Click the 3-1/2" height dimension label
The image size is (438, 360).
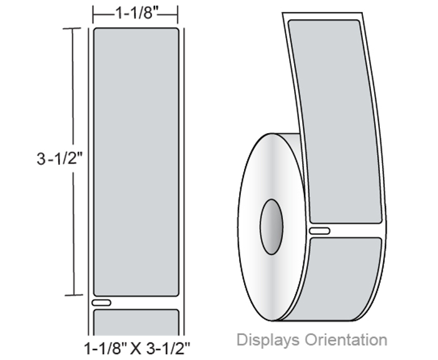point(60,159)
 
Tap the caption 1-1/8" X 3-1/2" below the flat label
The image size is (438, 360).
point(137,349)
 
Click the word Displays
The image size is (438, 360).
point(268,340)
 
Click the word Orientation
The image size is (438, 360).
point(346,340)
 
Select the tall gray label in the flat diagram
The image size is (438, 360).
point(136,162)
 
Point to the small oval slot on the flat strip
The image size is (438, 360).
point(101,302)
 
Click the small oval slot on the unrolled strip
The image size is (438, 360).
point(320,231)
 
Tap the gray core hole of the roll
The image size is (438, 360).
point(271,227)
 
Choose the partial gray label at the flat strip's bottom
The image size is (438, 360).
point(136,322)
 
